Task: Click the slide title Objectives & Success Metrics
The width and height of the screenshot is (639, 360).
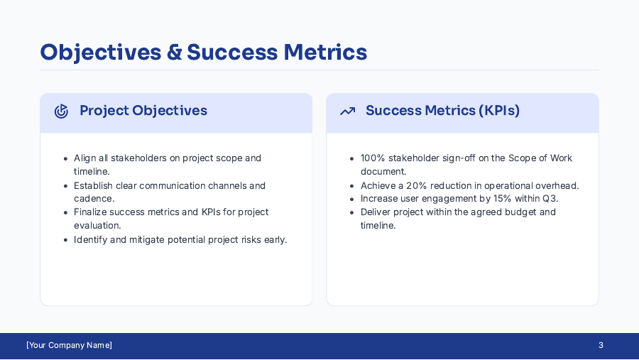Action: pos(203,53)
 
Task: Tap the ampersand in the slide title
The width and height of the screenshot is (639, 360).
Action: pos(175,53)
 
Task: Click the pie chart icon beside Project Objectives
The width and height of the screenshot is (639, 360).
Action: pos(62,111)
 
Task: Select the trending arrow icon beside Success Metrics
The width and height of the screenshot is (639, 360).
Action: pos(347,111)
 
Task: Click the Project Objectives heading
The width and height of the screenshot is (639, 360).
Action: pos(143,111)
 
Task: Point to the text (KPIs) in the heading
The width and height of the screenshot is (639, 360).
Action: pos(499,111)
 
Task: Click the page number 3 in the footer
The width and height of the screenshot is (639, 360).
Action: pos(601,346)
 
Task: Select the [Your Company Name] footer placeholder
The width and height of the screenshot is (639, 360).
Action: pos(69,346)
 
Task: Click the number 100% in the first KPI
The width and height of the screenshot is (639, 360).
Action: pos(372,158)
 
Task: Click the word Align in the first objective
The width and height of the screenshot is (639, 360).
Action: pos(85,158)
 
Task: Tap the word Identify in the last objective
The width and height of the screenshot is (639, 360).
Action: pos(90,240)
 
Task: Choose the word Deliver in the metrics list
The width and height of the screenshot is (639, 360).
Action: pos(376,212)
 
